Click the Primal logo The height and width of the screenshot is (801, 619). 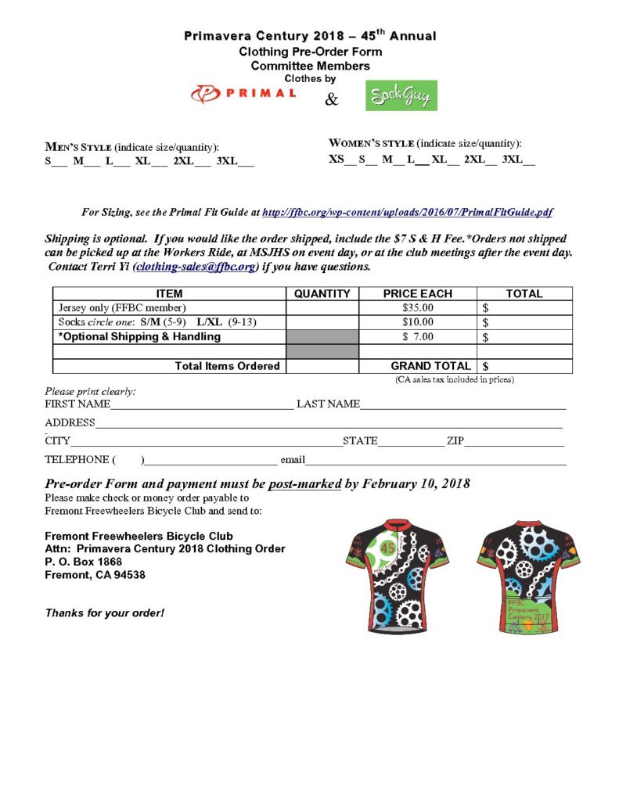coord(243,94)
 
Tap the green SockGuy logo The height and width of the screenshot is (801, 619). coord(401,95)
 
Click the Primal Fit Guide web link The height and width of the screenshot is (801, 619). coord(408,212)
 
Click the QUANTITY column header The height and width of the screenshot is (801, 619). coord(322,294)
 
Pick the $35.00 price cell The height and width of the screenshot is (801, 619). coord(417,308)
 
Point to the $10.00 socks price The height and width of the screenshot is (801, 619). coord(417,322)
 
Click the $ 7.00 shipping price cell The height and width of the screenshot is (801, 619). coord(417,337)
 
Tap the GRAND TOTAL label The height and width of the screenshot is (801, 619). coord(430,366)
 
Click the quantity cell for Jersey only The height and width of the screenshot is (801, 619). coord(322,308)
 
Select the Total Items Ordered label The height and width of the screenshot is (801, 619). coord(227,366)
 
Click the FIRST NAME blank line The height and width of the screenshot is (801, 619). coord(202,405)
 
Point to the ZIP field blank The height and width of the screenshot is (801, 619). coord(515,442)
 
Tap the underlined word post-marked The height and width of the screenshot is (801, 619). coord(304,483)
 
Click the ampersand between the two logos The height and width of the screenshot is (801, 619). coord(332,100)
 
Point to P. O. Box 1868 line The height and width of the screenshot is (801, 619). coord(84,562)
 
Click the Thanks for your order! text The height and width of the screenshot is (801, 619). coord(104,612)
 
